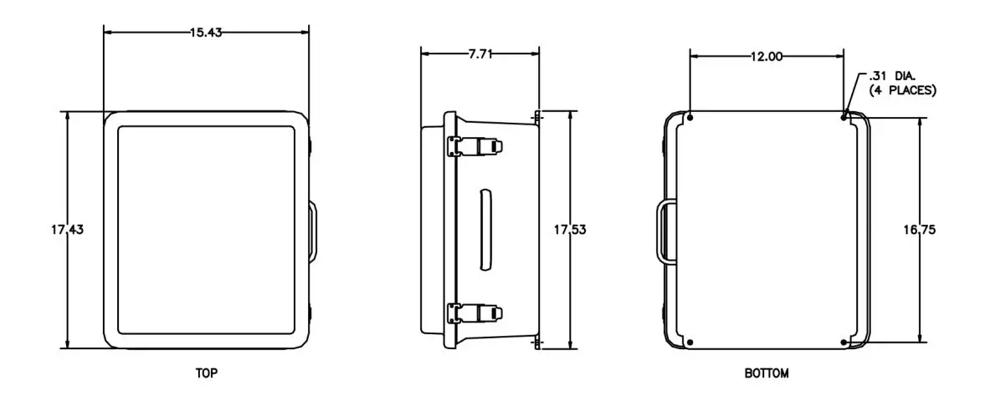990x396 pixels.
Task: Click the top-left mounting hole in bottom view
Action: point(690,117)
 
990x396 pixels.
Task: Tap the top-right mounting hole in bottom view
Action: point(844,116)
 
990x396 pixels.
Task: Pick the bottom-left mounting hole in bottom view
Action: point(690,342)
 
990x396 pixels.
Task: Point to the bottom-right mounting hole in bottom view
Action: point(844,342)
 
